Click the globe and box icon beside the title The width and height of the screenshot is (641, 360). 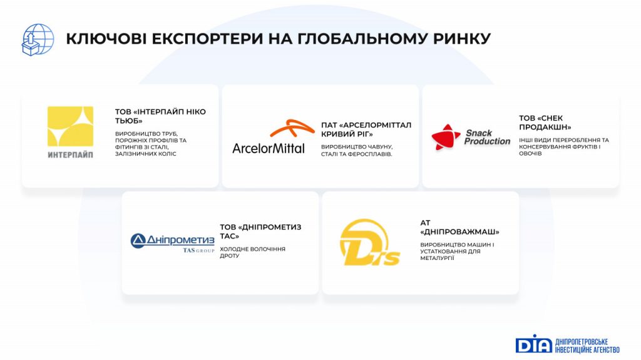click(38, 39)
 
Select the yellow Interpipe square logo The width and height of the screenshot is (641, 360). click(70, 126)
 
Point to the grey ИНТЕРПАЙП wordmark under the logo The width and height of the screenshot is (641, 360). click(70, 155)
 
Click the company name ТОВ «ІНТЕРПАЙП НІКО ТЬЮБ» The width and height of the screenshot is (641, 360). click(160, 116)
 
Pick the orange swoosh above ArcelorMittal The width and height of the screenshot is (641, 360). click(292, 128)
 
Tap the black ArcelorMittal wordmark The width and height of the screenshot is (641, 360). click(269, 148)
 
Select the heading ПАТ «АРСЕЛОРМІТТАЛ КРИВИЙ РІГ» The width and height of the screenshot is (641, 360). click(366, 129)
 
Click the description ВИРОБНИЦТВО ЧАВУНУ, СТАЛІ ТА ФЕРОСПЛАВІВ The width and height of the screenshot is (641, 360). click(357, 150)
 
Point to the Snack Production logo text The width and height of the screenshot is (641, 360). click(487, 137)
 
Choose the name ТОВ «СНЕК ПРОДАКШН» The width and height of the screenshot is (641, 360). click(545, 122)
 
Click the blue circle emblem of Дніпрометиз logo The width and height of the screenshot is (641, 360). click(138, 241)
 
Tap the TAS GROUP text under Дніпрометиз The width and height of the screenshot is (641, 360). click(198, 250)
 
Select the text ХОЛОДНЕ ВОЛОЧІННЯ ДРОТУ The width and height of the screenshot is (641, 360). click(253, 252)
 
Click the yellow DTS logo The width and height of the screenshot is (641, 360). click(369, 242)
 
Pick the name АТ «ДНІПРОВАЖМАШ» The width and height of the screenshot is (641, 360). click(460, 227)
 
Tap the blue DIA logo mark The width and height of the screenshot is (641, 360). click(534, 344)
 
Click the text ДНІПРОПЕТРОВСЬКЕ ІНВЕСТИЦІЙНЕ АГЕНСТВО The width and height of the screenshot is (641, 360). click(587, 346)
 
